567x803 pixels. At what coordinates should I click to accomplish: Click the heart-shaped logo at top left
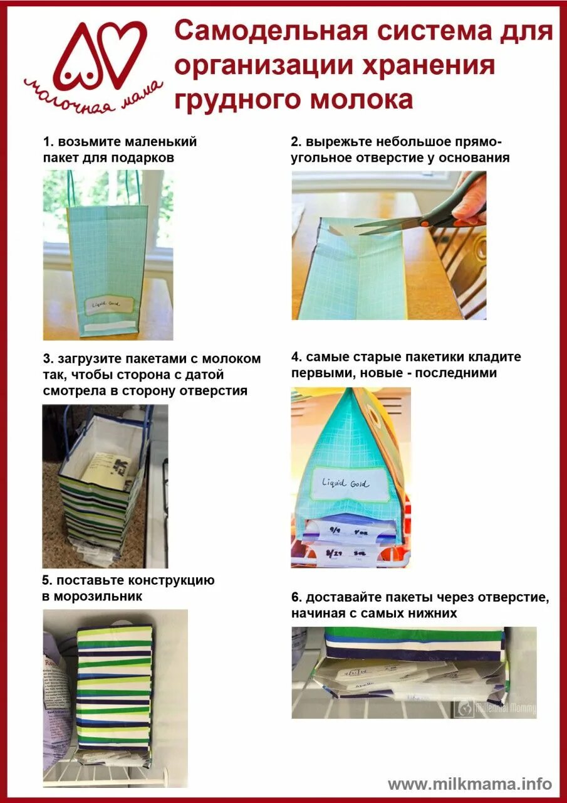[x=100, y=55]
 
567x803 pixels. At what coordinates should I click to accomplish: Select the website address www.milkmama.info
[x=470, y=784]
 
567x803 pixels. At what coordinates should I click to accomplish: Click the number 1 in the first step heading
[x=46, y=142]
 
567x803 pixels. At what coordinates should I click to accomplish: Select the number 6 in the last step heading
[x=295, y=598]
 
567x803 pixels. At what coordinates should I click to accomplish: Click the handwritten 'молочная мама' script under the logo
[x=94, y=97]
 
